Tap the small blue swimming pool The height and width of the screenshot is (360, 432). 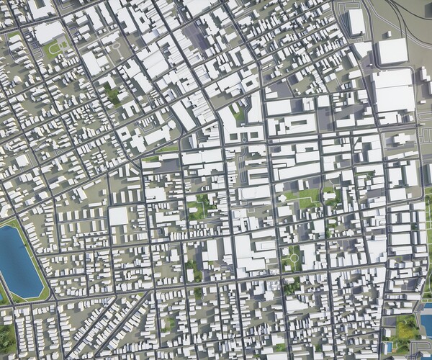(x=390, y=348)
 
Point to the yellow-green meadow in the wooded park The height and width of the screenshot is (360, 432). (x=406, y=328)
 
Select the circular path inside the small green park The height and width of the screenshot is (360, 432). (x=294, y=257)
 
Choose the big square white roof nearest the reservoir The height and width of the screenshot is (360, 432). (x=119, y=216)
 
